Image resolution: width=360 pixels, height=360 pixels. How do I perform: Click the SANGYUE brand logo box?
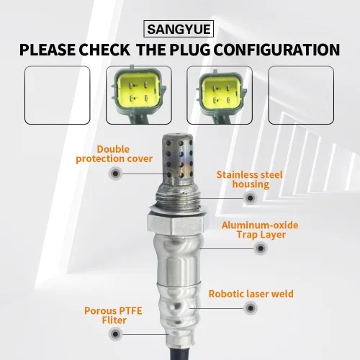(179, 29)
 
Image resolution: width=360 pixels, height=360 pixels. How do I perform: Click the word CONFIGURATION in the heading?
(276, 50)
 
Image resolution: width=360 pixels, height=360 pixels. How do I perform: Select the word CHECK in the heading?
(104, 50)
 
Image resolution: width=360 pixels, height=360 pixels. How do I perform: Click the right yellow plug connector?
(220, 94)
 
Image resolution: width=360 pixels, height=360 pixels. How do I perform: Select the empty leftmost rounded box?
(58, 95)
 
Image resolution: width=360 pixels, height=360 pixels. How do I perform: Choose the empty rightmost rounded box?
(301, 95)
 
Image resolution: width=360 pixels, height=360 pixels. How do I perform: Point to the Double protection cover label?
(114, 154)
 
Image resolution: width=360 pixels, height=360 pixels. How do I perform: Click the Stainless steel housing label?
(250, 179)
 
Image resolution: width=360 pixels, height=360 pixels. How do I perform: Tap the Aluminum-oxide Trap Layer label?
(260, 230)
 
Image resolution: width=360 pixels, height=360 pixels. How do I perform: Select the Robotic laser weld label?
(251, 294)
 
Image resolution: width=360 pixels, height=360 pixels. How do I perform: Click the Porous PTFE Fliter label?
(113, 315)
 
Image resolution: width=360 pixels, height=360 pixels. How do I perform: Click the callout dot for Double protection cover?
(115, 174)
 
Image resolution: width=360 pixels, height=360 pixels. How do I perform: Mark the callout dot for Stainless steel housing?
(250, 198)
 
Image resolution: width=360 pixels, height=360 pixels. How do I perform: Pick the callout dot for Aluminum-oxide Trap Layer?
(261, 248)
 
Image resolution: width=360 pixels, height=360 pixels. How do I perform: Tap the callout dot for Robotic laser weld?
(251, 308)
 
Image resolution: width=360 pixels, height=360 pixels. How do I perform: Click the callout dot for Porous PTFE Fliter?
(115, 334)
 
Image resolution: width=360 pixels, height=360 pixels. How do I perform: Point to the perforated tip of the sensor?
(178, 159)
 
